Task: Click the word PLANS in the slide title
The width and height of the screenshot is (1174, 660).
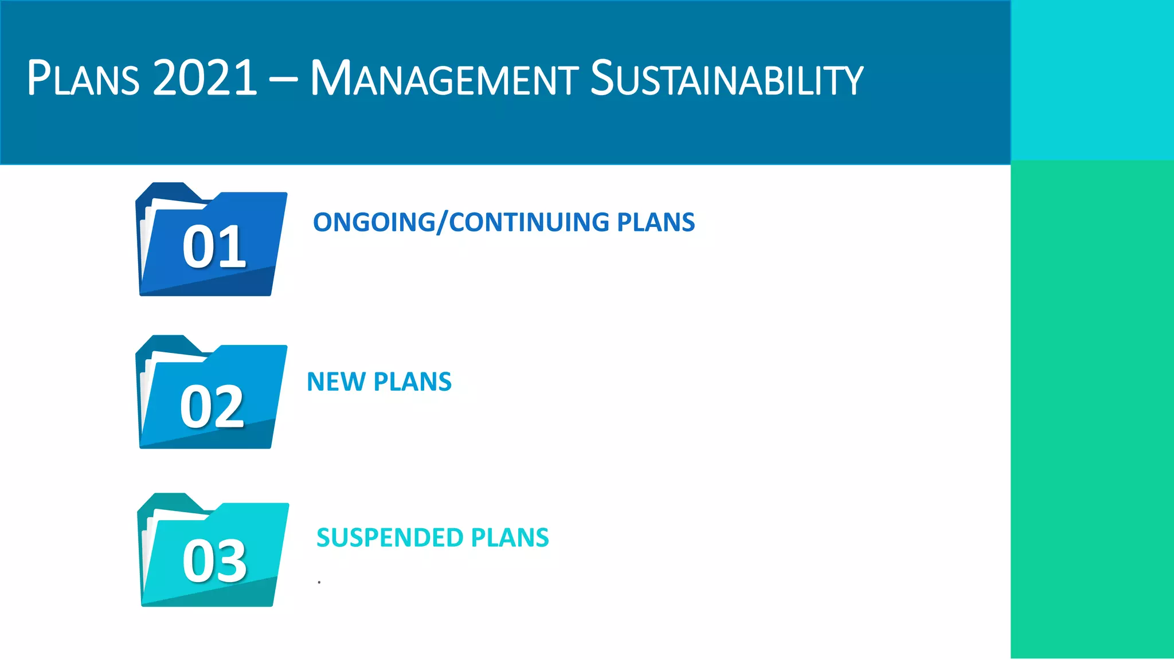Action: [x=83, y=78]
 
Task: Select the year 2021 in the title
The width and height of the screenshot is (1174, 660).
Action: [x=205, y=78]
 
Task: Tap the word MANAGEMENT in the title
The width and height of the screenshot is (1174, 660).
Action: [x=444, y=79]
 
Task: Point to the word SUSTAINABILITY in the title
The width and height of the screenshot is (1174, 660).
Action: [x=726, y=79]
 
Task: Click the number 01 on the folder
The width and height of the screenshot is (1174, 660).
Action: [x=214, y=247]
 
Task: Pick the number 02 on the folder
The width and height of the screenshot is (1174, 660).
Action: [x=212, y=407]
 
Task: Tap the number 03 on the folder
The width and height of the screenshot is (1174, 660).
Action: [x=214, y=561]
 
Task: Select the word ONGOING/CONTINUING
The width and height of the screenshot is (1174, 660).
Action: [x=460, y=222]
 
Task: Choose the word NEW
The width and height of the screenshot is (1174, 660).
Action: [x=335, y=382]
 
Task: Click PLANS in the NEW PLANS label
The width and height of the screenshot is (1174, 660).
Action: [x=412, y=382]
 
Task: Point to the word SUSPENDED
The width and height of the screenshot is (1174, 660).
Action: [x=390, y=538]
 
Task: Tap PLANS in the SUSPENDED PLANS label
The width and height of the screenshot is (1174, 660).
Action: [x=510, y=538]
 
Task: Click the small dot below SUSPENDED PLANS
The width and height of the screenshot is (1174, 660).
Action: [x=319, y=582]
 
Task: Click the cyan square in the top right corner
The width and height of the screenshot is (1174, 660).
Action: [x=1092, y=80]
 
